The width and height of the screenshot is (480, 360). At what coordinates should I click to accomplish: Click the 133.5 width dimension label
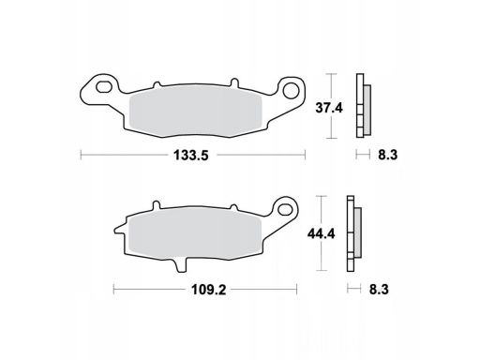pos(190,155)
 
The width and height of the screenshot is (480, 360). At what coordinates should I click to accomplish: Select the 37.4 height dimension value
pos(329,108)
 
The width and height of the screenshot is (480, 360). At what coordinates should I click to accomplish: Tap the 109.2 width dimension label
pos(208,290)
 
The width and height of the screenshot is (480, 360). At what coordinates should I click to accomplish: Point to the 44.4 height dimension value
pos(321,233)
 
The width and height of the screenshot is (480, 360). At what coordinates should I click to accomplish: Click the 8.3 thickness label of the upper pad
pos(387,155)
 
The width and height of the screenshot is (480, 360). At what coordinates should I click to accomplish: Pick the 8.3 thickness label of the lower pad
pos(379,290)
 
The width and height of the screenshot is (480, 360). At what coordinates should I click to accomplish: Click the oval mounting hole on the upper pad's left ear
pos(104,87)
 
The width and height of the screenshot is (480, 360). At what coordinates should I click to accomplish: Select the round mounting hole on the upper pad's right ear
pos(291,90)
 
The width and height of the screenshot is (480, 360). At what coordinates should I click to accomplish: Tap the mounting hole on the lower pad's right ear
pos(285,208)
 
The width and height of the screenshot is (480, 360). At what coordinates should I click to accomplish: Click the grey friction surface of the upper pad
pos(195,112)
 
